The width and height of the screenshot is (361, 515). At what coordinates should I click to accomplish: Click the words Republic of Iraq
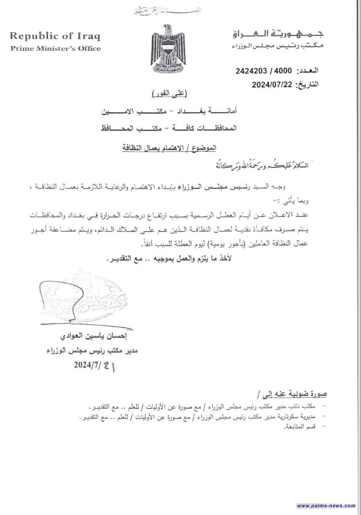55,36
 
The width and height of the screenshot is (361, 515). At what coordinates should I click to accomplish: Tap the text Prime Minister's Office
56,49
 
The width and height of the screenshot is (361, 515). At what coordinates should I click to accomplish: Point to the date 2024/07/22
272,85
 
